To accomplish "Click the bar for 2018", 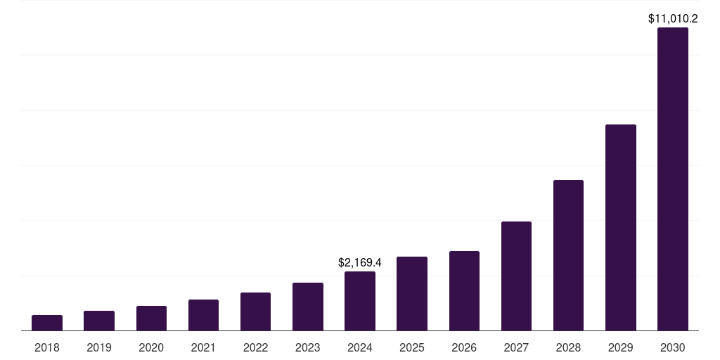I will (x=47, y=323).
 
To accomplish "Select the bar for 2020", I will (x=151, y=318).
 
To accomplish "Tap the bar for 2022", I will (x=255, y=311).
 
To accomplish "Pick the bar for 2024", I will (x=360, y=301).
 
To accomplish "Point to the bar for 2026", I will (x=464, y=290).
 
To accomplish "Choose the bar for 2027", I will (x=516, y=276).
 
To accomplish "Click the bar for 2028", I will (x=568, y=255).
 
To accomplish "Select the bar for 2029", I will (x=621, y=227).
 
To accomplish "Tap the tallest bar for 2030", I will (x=673, y=179).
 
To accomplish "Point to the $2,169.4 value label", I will (x=360, y=263).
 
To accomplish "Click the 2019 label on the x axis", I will (x=99, y=347).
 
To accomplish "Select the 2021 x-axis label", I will (x=203, y=347).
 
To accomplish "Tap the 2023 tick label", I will (x=308, y=347).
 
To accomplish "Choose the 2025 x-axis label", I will (x=412, y=347).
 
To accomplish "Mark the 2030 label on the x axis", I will (x=673, y=347).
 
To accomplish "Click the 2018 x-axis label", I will (x=47, y=347).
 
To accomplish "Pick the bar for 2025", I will (x=412, y=293).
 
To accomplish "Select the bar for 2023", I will (x=308, y=307).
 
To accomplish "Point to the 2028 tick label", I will (x=568, y=347).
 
